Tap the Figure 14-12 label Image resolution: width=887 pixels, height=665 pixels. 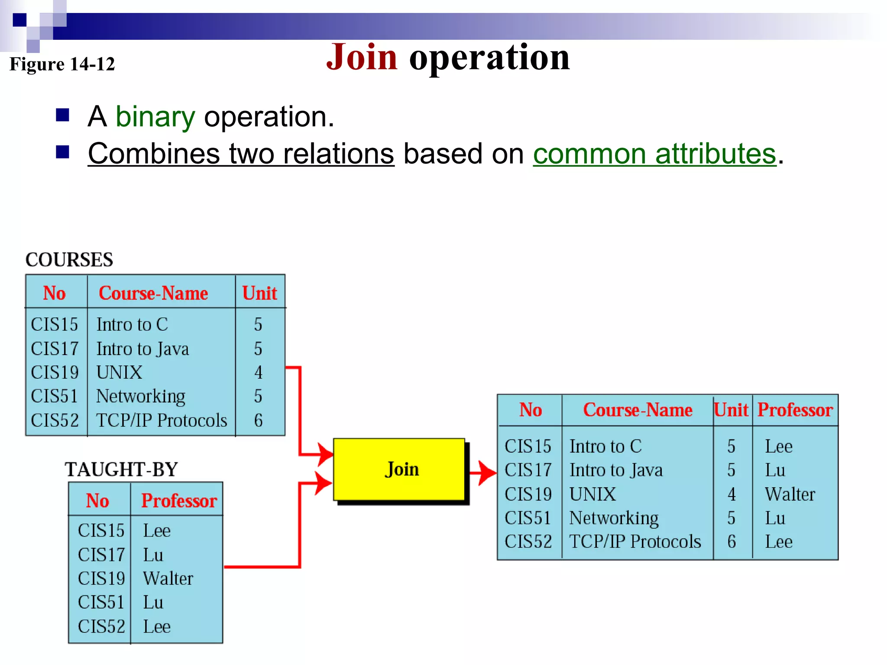coord(62,64)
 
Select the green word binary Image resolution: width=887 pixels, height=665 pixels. coord(155,117)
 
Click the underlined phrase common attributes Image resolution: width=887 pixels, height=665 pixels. coord(654,154)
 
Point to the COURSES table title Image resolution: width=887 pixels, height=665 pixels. coord(69,260)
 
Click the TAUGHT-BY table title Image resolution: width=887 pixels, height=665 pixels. coord(121,469)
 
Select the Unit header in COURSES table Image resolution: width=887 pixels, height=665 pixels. coord(259,293)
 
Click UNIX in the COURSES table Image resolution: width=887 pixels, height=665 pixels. coord(119,372)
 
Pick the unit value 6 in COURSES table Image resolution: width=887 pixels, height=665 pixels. coord(258,420)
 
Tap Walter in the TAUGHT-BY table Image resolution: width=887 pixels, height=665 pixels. coord(168,578)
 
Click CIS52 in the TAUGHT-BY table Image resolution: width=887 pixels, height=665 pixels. coord(101,626)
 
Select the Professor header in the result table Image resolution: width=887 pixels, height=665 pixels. coord(795,410)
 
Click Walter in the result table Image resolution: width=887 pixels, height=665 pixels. coord(790,494)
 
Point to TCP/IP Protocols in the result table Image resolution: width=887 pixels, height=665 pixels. coord(634,542)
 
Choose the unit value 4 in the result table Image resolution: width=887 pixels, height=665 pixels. coord(732,494)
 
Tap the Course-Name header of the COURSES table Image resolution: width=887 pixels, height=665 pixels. coord(153,293)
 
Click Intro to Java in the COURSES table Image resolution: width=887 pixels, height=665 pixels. coord(142,349)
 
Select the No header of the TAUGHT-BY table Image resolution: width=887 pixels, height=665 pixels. coord(97,501)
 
